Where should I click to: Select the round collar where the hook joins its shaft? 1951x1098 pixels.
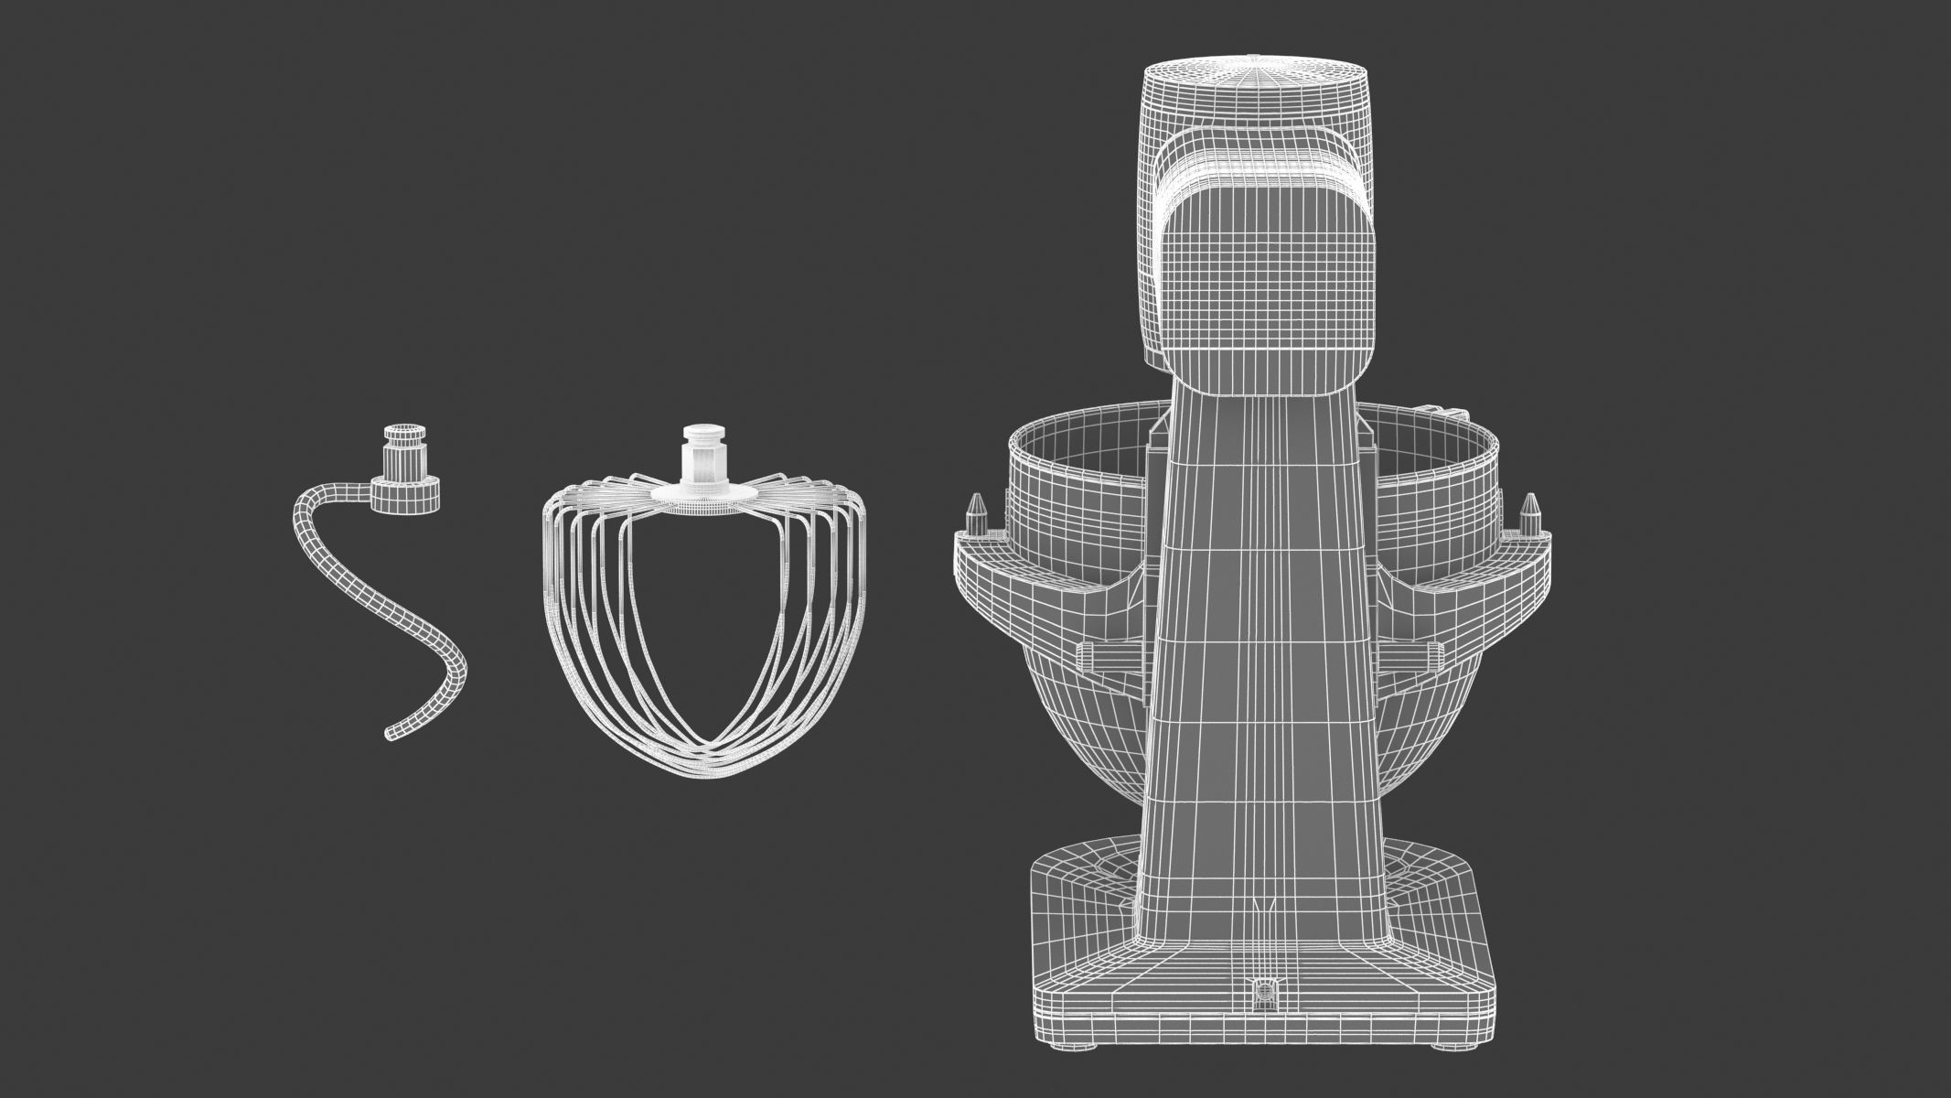tap(405, 495)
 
